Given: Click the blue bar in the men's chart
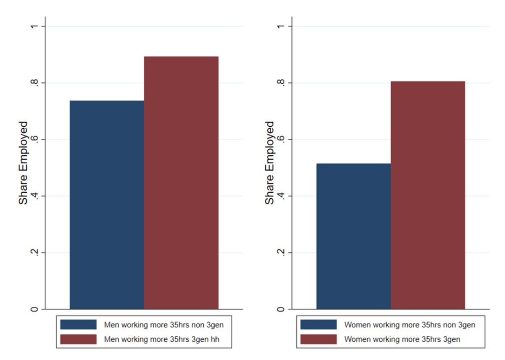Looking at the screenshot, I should [107, 205].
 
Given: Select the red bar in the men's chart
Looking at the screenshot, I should [181, 182].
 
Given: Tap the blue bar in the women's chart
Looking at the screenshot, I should [353, 236].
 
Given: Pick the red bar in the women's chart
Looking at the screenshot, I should [428, 195].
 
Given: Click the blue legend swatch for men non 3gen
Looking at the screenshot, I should [78, 324].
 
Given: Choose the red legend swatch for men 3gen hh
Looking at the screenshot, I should [78, 339].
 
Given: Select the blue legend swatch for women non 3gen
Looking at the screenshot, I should [318, 324].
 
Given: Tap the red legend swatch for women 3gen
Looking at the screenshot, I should [318, 339].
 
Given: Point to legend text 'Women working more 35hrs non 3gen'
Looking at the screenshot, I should [410, 325].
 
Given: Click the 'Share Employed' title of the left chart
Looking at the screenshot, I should [23, 163].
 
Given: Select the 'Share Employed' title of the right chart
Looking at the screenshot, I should [269, 163].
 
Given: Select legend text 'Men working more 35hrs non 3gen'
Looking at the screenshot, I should [167, 325].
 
